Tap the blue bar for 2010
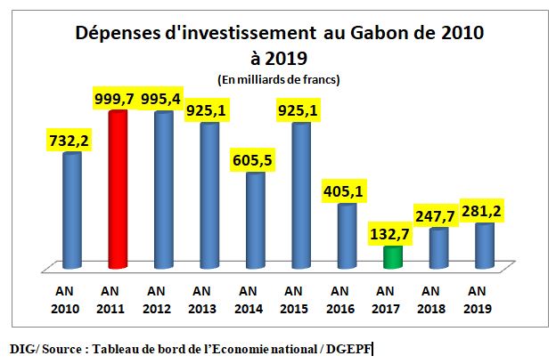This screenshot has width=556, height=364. [72, 210]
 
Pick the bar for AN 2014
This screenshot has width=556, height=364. [255, 220]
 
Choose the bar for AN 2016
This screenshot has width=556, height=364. [347, 235]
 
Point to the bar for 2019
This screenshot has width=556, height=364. [484, 245]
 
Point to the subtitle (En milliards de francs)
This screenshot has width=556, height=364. [279, 80]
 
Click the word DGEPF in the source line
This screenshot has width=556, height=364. [349, 347]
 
